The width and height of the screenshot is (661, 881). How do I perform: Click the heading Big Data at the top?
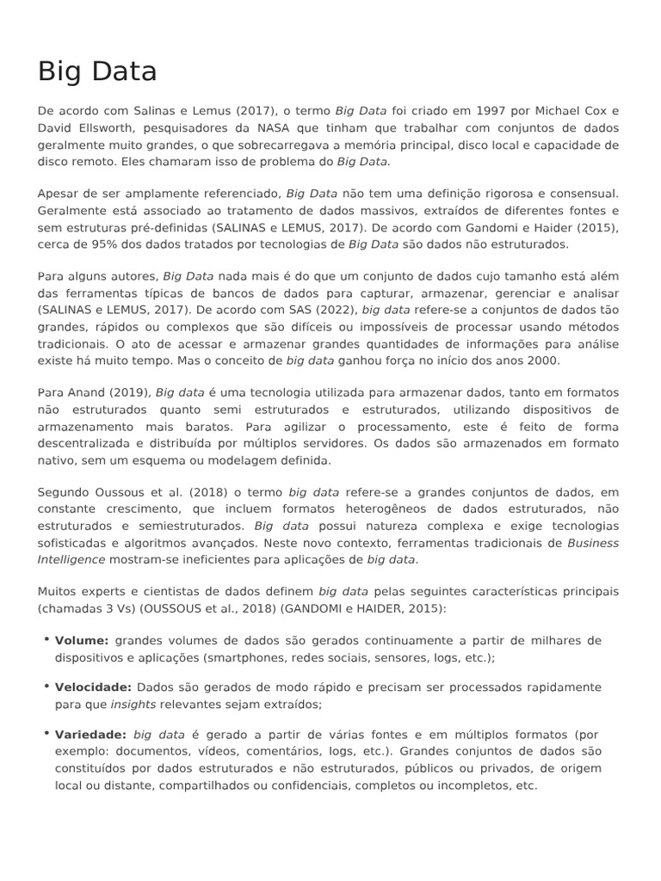tap(97, 71)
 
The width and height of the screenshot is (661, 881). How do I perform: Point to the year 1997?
tap(466, 111)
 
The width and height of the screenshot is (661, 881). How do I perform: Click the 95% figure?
tap(90, 244)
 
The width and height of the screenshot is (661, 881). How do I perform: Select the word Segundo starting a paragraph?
tap(63, 492)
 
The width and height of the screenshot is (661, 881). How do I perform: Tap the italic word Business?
tap(593, 543)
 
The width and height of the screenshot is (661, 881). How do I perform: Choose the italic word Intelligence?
tap(71, 560)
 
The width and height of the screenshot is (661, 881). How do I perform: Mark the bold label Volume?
tap(82, 641)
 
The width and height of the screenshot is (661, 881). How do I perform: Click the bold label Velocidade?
tap(93, 687)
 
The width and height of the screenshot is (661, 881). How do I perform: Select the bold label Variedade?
tap(90, 735)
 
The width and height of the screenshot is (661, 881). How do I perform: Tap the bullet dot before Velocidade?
tap(45, 686)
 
